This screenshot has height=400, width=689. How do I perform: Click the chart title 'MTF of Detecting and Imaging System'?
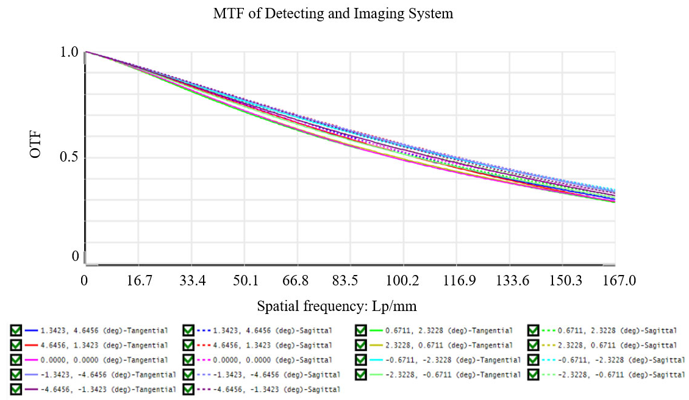click(x=333, y=13)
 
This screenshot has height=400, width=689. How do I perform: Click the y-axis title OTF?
click(x=35, y=145)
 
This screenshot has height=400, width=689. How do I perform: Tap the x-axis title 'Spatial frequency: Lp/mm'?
click(x=337, y=306)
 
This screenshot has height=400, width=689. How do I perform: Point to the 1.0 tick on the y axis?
click(x=69, y=52)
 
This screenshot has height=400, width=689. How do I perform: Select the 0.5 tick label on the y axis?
click(x=69, y=157)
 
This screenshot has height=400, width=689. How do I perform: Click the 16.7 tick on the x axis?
click(x=139, y=280)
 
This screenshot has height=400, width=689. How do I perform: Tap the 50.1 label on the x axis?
click(x=246, y=280)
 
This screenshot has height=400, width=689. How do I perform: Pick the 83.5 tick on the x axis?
click(x=345, y=280)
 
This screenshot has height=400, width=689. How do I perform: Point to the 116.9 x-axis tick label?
click(x=459, y=280)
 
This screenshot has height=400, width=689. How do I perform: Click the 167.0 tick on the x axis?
click(x=619, y=280)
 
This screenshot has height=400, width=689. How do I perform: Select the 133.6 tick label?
click(x=512, y=280)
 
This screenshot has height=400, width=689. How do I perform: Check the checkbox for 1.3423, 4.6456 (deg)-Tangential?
click(x=16, y=330)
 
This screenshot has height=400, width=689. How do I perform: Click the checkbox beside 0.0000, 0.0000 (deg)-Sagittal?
click(x=188, y=360)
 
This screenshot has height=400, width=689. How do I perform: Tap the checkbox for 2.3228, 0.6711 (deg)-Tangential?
click(x=361, y=345)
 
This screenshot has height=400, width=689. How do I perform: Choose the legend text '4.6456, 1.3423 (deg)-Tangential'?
click(x=104, y=346)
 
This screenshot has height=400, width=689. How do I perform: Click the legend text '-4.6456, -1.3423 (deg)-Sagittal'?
click(x=277, y=390)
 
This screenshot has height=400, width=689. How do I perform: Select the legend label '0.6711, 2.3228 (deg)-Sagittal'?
click(x=618, y=330)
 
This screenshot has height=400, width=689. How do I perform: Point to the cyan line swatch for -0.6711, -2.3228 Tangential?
click(x=376, y=360)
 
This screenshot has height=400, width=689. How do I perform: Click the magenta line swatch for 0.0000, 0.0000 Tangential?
click(x=32, y=360)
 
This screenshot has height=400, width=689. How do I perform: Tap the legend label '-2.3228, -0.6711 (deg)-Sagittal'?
click(x=621, y=375)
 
